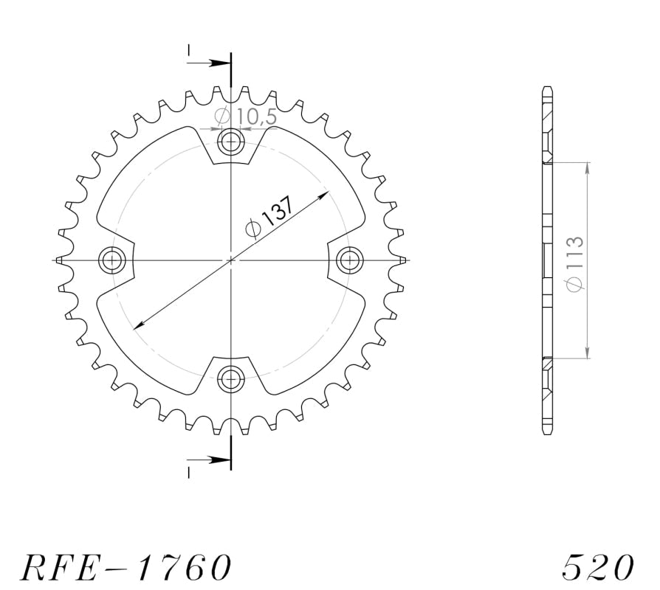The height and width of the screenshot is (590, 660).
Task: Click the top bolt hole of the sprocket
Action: coord(231,141)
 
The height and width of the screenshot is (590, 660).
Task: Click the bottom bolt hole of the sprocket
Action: coord(231,378)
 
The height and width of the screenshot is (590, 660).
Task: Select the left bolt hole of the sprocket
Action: coord(112,260)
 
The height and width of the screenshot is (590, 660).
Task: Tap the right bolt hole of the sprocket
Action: coord(349,260)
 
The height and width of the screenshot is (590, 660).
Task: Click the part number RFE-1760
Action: coord(125,567)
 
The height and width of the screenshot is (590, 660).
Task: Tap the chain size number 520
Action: coord(597,567)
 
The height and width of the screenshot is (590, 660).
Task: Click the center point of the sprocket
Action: coord(231,260)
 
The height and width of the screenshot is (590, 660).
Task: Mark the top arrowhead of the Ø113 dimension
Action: coord(588,167)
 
